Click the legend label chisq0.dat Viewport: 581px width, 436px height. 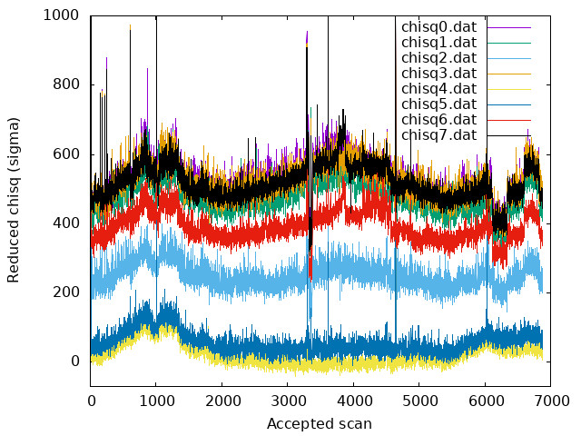438,27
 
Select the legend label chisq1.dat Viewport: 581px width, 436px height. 438,43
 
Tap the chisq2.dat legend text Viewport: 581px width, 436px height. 438,58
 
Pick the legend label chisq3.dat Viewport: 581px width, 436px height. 438,74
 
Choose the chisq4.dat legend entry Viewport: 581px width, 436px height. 438,89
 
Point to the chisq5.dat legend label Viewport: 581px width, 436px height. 438,104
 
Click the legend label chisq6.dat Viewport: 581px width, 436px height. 438,120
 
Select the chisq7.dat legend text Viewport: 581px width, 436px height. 438,135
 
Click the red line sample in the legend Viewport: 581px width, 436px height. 509,120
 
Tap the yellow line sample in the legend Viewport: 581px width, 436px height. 509,89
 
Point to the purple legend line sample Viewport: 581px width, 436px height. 509,27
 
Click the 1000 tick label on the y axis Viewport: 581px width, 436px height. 61,15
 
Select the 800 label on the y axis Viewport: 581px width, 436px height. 65,84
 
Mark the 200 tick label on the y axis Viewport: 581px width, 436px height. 65,292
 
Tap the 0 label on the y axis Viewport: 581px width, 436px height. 75,362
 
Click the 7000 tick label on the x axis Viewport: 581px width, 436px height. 551,401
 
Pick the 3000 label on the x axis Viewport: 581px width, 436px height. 288,401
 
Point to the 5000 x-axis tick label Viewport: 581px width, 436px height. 419,401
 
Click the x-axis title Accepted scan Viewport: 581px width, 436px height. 320,424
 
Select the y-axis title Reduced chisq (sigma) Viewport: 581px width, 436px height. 14,200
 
